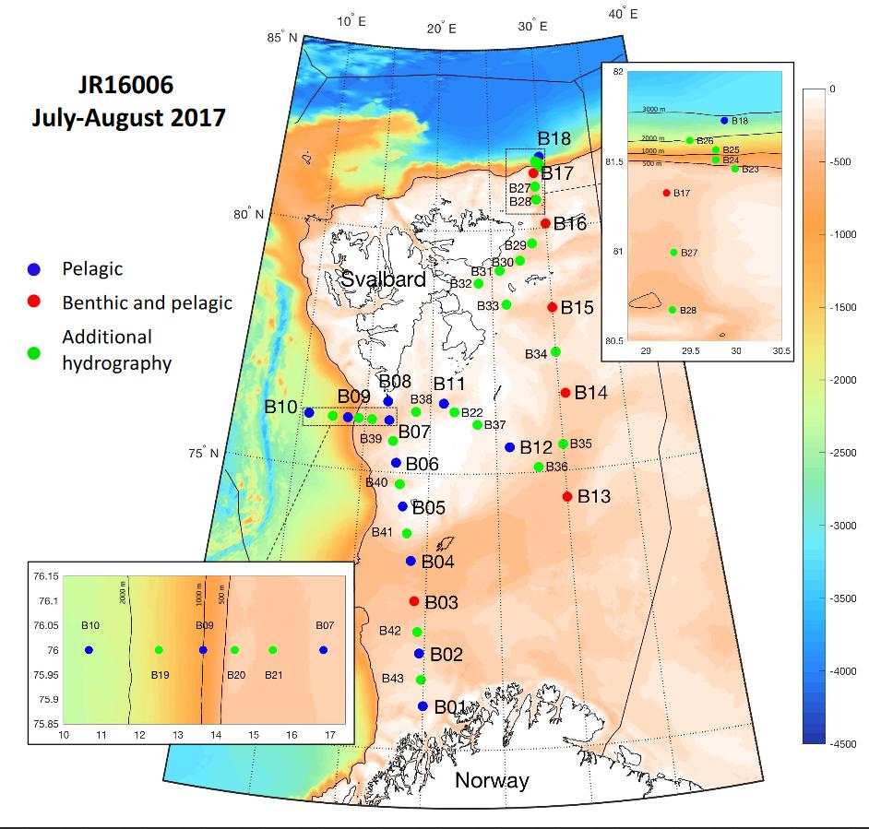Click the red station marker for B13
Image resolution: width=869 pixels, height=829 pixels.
(567, 497)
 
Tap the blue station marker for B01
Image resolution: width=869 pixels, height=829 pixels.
(423, 706)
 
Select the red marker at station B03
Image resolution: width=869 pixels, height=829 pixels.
(414, 601)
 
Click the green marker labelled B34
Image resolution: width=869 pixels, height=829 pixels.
(555, 352)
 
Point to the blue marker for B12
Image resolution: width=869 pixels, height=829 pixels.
(510, 447)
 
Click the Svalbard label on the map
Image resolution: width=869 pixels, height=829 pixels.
(383, 279)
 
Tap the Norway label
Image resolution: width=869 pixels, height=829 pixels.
(492, 781)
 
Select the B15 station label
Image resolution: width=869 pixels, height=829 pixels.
(577, 307)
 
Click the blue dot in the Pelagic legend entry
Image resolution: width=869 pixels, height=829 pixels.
(34, 269)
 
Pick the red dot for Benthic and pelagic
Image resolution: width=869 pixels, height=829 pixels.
(34, 302)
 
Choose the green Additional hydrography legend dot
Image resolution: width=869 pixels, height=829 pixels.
(34, 350)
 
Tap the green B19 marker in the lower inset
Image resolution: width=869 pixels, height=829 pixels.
(159, 650)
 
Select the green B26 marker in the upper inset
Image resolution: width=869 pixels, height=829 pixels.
(690, 140)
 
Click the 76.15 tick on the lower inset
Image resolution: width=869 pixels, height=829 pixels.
(42, 576)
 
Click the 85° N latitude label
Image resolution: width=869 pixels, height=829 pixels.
(282, 38)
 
